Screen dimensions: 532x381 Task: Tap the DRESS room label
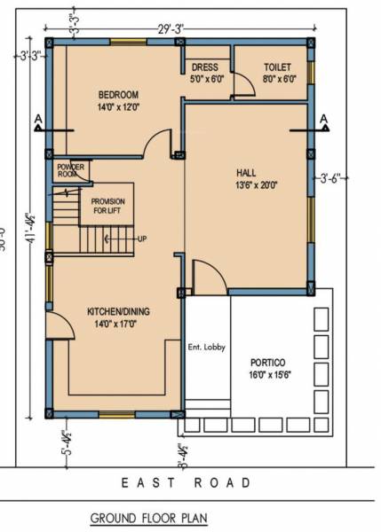coord(205,67)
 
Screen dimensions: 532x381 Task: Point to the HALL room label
coord(247,172)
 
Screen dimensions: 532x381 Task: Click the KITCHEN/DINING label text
coord(117,312)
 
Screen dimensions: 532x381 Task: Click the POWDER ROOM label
coord(70,170)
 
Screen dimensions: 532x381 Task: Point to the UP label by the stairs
coord(141,239)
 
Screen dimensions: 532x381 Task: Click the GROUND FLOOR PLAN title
coord(148,517)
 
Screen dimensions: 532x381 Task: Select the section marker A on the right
coord(324,118)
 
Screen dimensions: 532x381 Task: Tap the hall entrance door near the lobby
coord(202,277)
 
